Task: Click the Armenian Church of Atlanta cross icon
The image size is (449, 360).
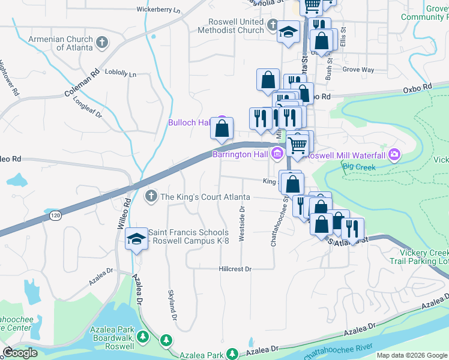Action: tap(102, 43)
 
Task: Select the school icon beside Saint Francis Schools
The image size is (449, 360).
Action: tap(136, 239)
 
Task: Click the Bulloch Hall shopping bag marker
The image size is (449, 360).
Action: tap(222, 128)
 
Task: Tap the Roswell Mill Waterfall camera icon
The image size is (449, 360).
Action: tap(394, 154)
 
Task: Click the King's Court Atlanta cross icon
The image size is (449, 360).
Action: tap(151, 196)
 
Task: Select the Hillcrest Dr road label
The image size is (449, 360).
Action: tap(235, 269)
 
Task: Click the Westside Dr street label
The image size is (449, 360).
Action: tap(242, 224)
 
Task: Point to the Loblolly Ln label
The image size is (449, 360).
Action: tap(121, 74)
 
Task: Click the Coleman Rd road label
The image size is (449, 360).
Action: tap(82, 84)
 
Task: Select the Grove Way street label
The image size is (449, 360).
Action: tap(358, 70)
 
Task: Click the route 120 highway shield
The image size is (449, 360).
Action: tap(56, 215)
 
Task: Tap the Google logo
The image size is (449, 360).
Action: tap(20, 352)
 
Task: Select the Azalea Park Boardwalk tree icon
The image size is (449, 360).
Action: tap(143, 337)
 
